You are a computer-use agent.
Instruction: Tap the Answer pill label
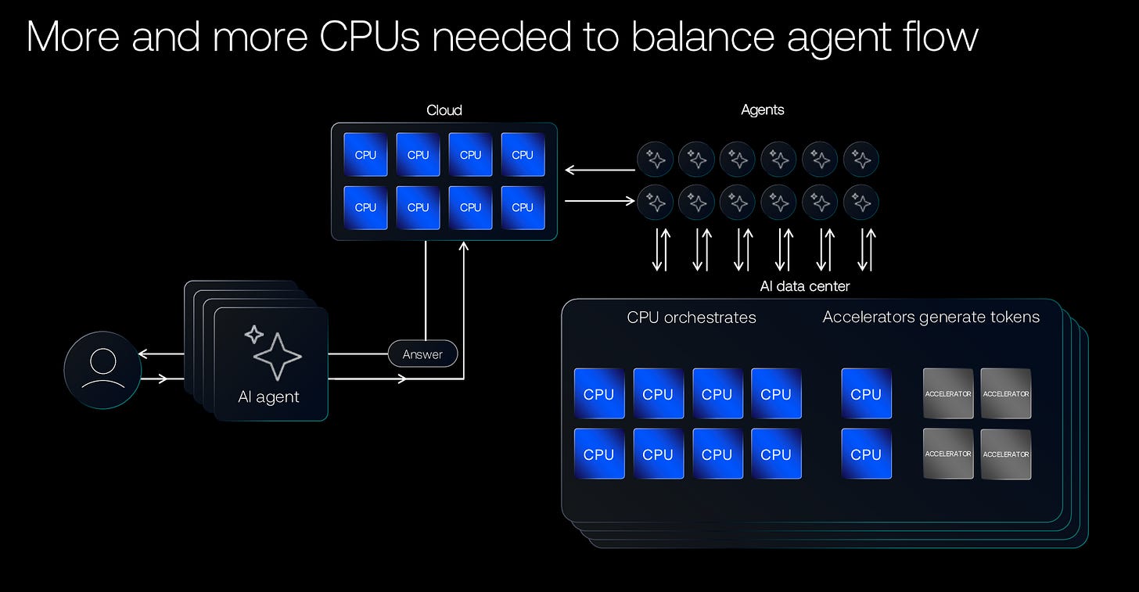pos(422,354)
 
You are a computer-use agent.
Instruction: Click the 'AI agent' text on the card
pos(268,397)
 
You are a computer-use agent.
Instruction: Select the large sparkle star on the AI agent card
pos(278,357)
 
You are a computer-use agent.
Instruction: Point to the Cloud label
pos(444,110)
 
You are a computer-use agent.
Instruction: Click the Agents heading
pos(762,110)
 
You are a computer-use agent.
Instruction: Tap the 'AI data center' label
pos(804,286)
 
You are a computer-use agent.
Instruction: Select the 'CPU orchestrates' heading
pos(691,318)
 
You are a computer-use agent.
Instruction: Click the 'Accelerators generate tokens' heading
pos(931,317)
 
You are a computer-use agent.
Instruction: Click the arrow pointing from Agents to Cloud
pos(599,170)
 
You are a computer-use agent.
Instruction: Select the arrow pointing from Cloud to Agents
pos(599,201)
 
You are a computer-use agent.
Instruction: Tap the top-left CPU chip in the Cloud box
pos(365,155)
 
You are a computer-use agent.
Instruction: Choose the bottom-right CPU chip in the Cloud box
pos(523,207)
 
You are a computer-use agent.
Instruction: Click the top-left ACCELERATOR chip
pos(948,393)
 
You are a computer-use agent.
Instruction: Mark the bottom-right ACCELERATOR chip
pos(1006,454)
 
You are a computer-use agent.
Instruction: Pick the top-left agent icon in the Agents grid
pos(656,160)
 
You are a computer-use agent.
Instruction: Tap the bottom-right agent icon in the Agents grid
pos(861,202)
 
